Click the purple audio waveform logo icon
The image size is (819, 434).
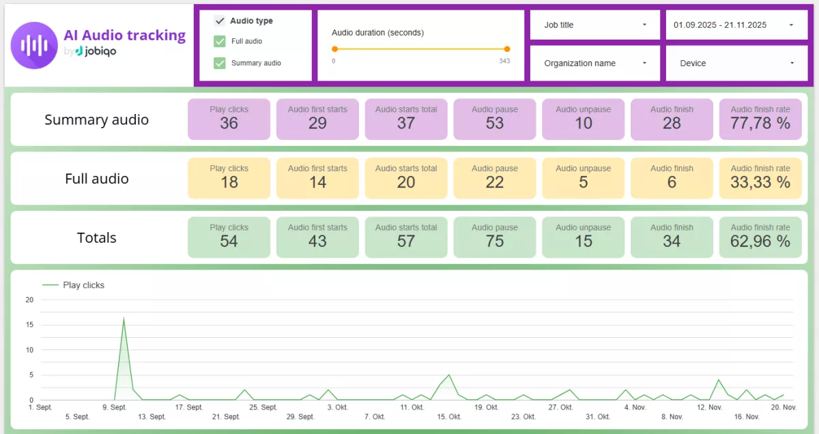pos(34,45)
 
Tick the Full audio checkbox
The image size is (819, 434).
pos(220,42)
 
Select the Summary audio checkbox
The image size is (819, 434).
pos(220,63)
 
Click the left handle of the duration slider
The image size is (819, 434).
pos(334,49)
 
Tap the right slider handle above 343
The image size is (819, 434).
pos(507,49)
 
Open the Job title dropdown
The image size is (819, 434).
pos(595,25)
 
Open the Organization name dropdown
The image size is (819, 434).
pos(595,63)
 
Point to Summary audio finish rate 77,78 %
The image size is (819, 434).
pos(760,124)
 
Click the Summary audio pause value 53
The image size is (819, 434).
pos(495,124)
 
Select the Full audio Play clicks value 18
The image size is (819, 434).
pos(229,182)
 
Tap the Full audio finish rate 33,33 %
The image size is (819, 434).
pos(760,182)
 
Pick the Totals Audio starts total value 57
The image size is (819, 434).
pos(406,242)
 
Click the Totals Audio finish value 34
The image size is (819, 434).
pos(672,242)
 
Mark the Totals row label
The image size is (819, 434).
pos(96,238)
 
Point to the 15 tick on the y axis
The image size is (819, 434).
pos(29,325)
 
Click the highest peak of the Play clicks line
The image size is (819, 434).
pos(124,318)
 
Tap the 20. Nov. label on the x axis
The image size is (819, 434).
pos(784,407)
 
